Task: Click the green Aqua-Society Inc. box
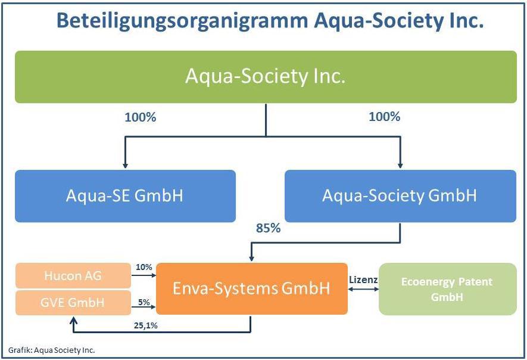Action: [x=266, y=77]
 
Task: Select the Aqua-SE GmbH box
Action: [x=125, y=196]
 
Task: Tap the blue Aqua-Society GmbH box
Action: [x=400, y=196]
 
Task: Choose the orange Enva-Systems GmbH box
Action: [x=251, y=288]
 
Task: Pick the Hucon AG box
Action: [x=73, y=276]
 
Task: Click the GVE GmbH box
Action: [x=73, y=302]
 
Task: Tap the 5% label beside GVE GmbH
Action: [x=144, y=302]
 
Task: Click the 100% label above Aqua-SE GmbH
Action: [x=140, y=117]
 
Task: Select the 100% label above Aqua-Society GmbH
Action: [x=385, y=117]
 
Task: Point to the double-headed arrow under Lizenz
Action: [x=363, y=289]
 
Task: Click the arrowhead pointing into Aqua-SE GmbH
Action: [x=124, y=165]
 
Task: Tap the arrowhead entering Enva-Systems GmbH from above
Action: [x=251, y=258]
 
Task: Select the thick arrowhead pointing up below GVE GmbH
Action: [x=73, y=321]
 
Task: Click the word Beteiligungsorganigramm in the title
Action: [x=180, y=21]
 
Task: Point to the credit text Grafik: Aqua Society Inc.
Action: [x=51, y=350]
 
